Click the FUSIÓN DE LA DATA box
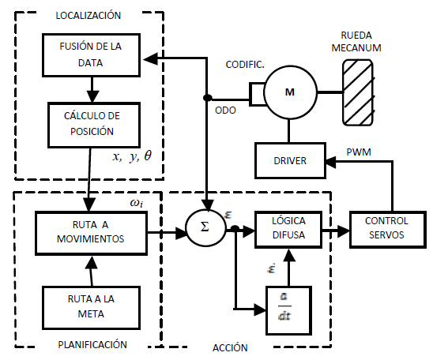[91, 55]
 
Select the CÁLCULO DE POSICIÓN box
[94, 125]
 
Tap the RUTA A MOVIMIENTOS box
[91, 233]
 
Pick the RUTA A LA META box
[91, 308]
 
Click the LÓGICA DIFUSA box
[288, 229]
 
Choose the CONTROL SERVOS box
[387, 229]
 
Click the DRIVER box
[290, 160]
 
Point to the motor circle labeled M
[290, 92]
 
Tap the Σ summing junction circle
[205, 228]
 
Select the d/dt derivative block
[288, 310]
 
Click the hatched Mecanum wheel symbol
[358, 92]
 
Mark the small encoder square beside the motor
[258, 94]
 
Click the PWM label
[359, 152]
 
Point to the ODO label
[225, 111]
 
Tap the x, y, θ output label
[132, 156]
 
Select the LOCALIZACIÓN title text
[88, 16]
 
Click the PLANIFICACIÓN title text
[92, 344]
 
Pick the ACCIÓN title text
[230, 347]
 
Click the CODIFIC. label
[245, 65]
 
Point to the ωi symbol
[137, 204]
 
